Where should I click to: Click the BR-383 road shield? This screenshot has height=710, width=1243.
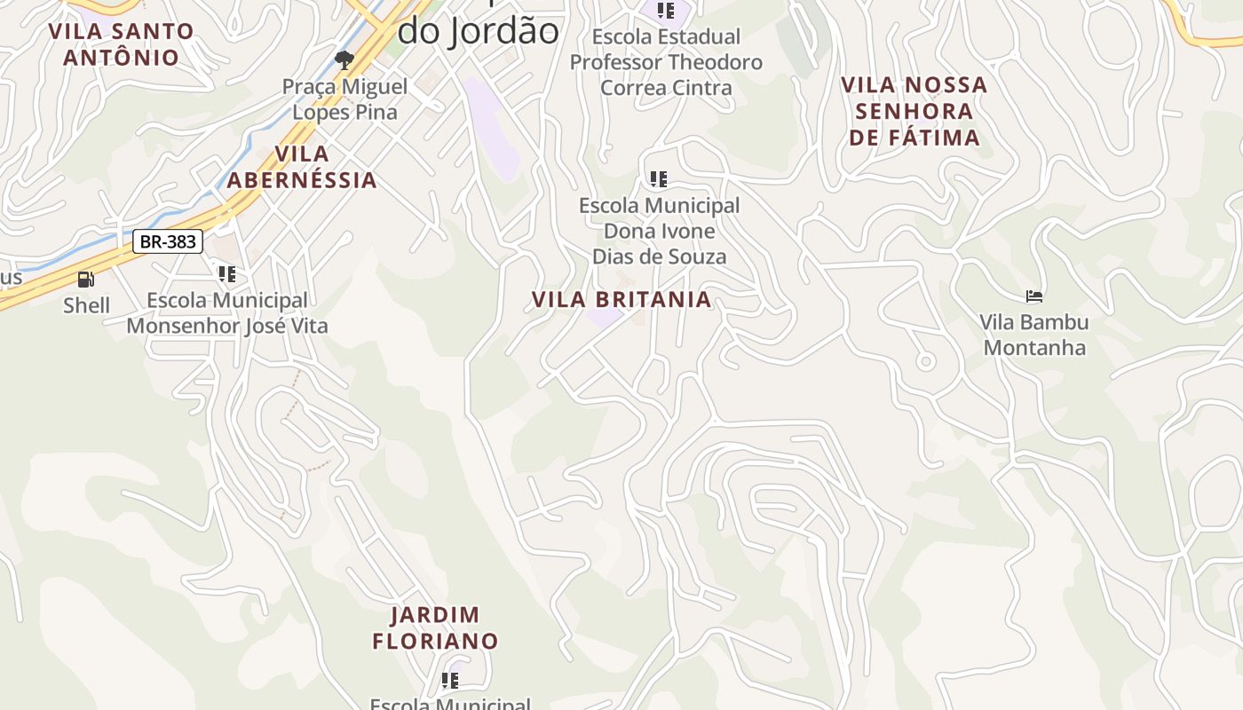168,241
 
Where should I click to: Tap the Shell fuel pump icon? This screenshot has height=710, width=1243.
86,280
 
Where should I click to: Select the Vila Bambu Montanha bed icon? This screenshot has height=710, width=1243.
1033,296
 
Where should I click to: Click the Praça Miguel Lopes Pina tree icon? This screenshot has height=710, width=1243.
344,60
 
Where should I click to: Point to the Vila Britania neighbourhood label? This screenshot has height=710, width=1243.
621,300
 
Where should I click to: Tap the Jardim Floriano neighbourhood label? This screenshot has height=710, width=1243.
435,627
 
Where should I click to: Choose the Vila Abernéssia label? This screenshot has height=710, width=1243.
302,167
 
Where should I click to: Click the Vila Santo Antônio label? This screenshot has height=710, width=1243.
121,44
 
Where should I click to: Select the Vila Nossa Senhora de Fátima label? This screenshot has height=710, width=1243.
914,111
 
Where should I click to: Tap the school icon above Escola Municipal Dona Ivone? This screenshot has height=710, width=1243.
658,179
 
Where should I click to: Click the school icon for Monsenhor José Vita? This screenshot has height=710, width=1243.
227,274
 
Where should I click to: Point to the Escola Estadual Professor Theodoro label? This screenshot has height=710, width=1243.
666,62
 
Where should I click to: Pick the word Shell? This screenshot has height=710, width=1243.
86,306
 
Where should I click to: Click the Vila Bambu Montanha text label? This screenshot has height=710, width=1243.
1034,335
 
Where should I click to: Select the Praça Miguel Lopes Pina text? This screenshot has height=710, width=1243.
345,99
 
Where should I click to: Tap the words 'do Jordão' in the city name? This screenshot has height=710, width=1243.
478,32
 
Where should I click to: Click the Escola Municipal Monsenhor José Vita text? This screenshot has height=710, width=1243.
227,313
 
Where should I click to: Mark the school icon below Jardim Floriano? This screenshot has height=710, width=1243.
450,681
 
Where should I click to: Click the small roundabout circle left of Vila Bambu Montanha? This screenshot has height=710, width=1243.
925,361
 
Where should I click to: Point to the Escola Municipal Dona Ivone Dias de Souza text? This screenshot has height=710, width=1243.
659,231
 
